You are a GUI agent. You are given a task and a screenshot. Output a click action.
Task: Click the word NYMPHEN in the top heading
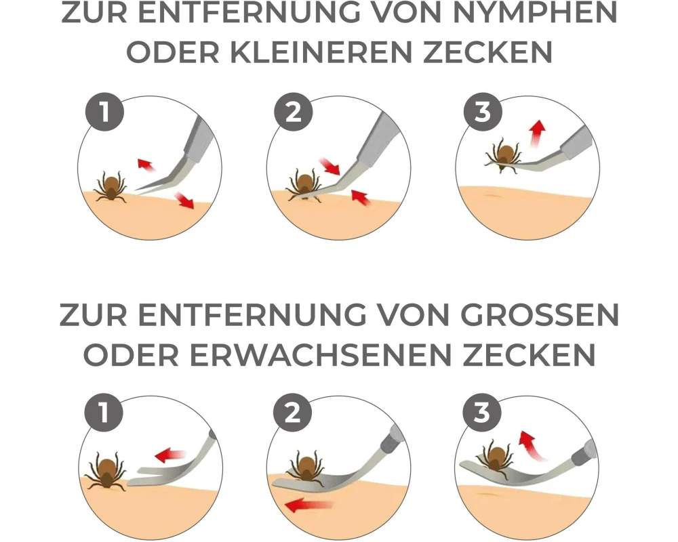535,13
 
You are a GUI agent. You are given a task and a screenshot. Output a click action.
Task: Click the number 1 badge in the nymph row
105,112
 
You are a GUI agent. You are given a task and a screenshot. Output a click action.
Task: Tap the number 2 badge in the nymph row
294,112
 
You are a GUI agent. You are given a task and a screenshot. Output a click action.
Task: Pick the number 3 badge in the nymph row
483,112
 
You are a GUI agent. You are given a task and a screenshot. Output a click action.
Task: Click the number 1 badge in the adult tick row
104,413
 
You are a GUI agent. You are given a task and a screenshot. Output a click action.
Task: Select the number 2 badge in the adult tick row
293,413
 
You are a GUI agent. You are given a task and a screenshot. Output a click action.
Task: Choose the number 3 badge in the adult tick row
481,413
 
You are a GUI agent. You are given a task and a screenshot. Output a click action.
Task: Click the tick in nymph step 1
111,186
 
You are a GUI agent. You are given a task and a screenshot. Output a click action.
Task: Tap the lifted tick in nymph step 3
502,155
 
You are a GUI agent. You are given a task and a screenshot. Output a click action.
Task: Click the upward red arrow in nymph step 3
536,133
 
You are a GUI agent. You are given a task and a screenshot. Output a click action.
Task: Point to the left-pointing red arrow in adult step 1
170,455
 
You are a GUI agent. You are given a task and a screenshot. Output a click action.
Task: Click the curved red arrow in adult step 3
530,445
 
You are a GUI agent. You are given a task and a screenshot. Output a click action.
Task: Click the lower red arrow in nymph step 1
184,201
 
